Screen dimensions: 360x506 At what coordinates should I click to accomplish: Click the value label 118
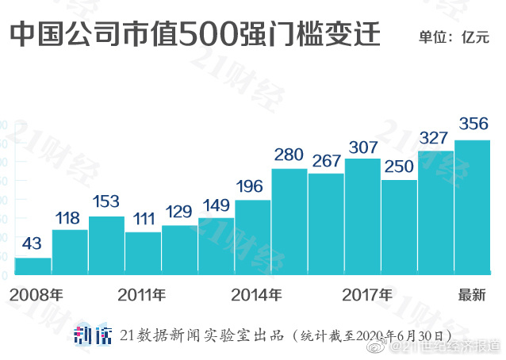(x=70, y=217)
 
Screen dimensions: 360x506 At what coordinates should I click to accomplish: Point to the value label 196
(x=253, y=187)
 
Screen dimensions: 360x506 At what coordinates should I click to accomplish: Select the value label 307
(x=362, y=147)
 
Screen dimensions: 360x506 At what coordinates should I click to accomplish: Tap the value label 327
(x=435, y=138)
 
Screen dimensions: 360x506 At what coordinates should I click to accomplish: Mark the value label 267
(x=326, y=161)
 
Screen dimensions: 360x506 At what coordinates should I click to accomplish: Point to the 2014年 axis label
(x=256, y=296)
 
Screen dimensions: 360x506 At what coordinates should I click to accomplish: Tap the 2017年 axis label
(x=366, y=296)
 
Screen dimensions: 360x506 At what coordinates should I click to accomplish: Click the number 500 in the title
(x=207, y=36)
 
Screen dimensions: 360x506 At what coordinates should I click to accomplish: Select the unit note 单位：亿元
(x=458, y=37)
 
